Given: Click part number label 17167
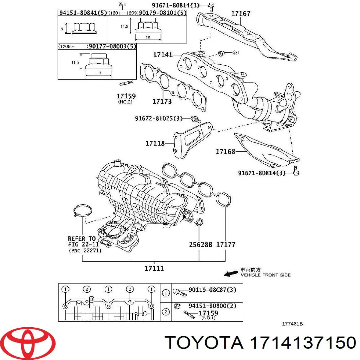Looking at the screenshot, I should [x=241, y=13].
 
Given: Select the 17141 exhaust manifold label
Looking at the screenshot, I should [x=163, y=55].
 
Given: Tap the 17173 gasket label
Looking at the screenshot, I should [x=162, y=101].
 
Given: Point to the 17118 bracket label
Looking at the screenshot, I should [x=155, y=143].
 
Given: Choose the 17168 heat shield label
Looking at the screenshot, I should [x=225, y=151].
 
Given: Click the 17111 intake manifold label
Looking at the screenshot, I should [x=154, y=268].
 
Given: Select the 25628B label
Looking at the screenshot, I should [x=200, y=245].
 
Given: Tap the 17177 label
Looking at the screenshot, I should [x=226, y=245].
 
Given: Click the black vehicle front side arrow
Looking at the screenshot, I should [x=231, y=273].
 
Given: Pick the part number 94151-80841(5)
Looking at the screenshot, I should [x=82, y=13].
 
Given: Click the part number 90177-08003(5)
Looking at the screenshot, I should [x=112, y=46].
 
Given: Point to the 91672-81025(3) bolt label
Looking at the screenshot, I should [x=159, y=118].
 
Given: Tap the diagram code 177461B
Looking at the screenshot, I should [x=292, y=324].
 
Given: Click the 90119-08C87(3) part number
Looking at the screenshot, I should [x=212, y=290].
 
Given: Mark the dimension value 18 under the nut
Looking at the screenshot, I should [x=148, y=37].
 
